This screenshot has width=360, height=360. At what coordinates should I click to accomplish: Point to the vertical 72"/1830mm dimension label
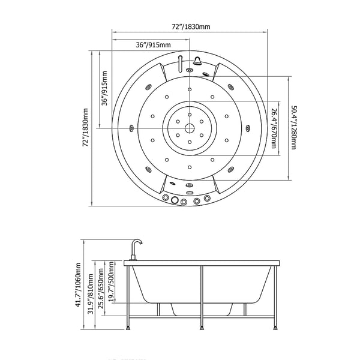click(x=86, y=128)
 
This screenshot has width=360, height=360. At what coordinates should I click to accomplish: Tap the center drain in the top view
click(x=189, y=128)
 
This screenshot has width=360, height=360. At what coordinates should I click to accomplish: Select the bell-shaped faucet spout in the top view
click(x=196, y=60)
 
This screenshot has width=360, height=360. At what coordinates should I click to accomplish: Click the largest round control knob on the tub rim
click(x=175, y=200)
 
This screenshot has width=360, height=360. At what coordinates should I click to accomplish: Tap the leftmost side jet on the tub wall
click(x=131, y=127)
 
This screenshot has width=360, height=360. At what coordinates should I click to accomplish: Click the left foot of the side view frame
click(x=130, y=328)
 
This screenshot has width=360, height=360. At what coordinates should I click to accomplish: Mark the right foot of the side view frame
click(x=275, y=328)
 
